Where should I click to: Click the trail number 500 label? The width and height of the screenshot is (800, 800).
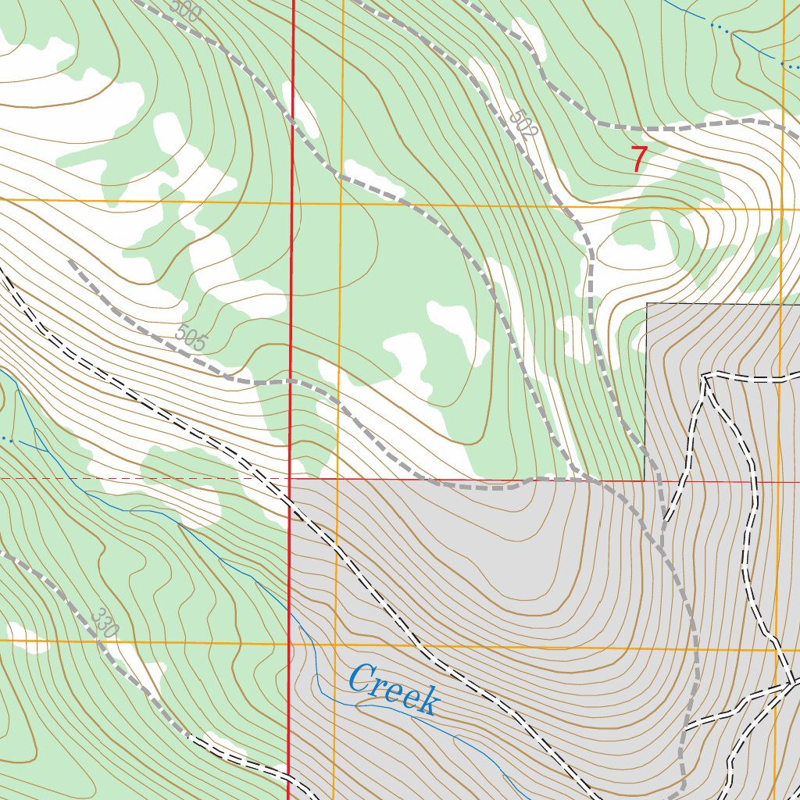tap(184, 11)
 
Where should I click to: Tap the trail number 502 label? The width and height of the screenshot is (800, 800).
tap(523, 125)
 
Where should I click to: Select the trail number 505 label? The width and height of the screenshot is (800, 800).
tap(191, 337)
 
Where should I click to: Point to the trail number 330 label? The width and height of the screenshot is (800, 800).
tap(104, 622)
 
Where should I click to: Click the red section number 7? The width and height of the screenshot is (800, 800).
tap(638, 160)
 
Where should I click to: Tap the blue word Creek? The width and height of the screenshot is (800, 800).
tap(393, 689)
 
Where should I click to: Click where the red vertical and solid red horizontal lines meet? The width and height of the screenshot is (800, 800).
tap(290, 480)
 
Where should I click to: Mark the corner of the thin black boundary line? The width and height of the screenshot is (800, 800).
tap(647, 304)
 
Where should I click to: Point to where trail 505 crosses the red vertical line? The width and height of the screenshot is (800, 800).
tap(291, 381)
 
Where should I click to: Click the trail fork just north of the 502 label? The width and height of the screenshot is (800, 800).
tap(541, 78)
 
